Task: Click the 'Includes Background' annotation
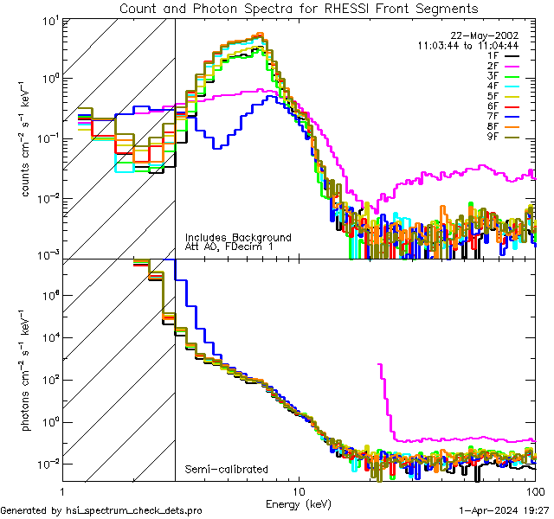click(238, 238)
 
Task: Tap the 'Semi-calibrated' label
click(226, 470)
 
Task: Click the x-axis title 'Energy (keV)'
click(298, 503)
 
